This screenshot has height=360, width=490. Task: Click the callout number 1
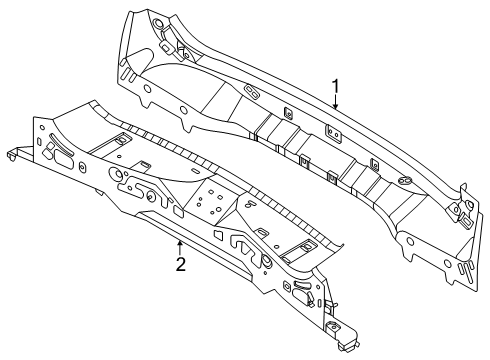point(336,86)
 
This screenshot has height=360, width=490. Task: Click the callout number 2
point(180,264)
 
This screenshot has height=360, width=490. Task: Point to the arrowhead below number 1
point(336,106)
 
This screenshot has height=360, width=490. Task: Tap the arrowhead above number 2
point(180,243)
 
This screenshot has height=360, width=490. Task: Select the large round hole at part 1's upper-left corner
point(157,24)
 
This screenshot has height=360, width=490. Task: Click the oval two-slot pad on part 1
point(251,92)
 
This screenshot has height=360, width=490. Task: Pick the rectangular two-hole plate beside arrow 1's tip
point(334,133)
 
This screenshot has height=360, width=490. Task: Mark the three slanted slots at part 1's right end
point(465,269)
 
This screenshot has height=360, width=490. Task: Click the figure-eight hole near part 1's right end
point(405,181)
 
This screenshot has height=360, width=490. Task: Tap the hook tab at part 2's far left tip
point(13,155)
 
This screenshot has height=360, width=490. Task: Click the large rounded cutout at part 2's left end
point(63,159)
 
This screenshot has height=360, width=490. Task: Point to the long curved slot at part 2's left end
point(61,144)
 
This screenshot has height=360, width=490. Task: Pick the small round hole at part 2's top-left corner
point(42,127)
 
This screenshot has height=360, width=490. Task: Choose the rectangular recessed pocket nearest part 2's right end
point(301,249)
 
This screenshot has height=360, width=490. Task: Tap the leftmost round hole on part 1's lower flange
point(146,88)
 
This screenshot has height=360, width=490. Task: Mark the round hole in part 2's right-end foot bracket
point(332,327)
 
